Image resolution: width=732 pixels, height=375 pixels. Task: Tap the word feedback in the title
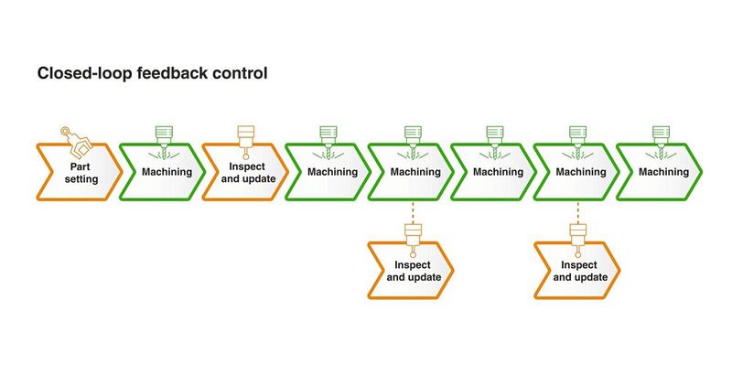coord(172,73)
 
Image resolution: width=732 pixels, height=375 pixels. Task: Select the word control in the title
coord(241,73)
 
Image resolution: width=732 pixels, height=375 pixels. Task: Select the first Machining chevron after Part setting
coord(160,172)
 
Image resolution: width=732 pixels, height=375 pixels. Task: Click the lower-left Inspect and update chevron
coord(411,271)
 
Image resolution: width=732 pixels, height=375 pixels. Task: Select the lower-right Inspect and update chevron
coord(577,271)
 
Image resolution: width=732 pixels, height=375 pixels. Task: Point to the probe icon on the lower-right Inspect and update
coord(577,241)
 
